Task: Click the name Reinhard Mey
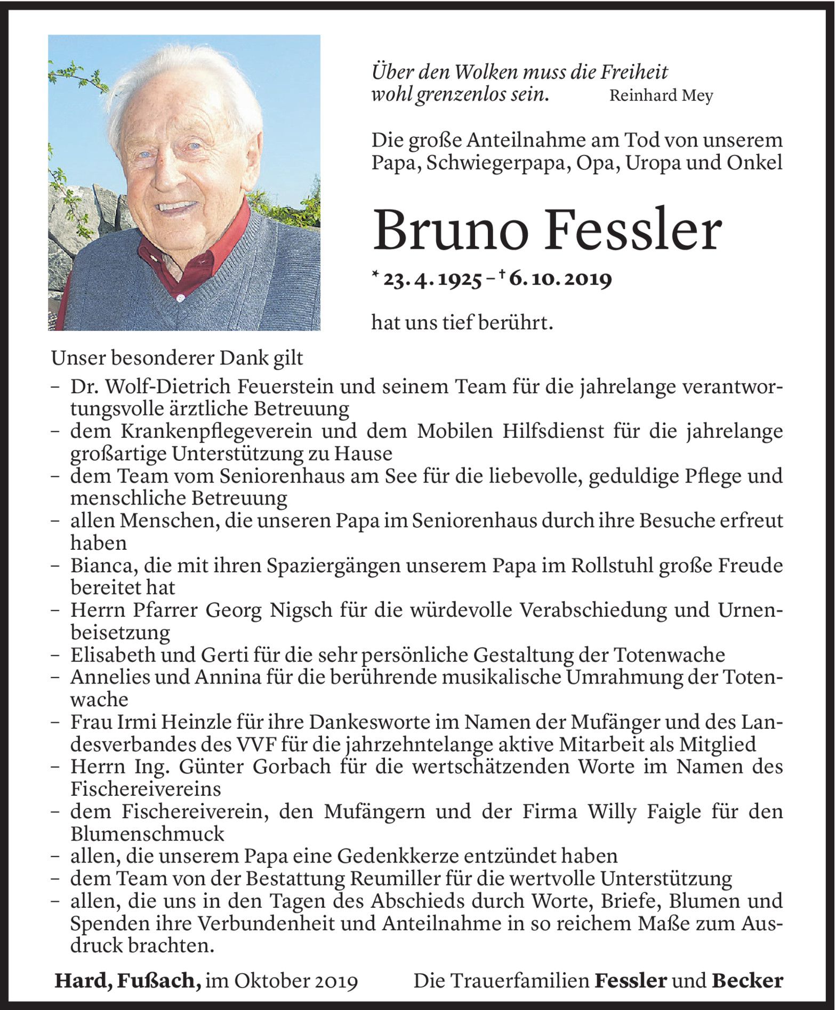click(661, 96)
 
